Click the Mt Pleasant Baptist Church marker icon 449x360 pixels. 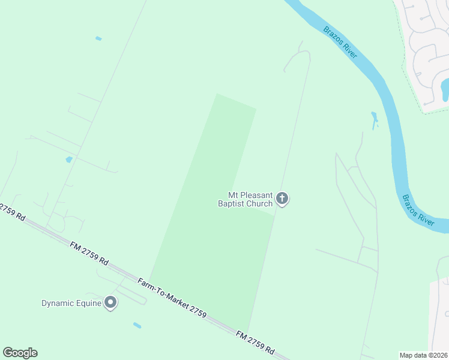282,199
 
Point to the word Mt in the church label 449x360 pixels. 233,196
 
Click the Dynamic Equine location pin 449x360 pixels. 110,303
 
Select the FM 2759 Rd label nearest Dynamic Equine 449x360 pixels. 89,254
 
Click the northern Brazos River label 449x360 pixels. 340,42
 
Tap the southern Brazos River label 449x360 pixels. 418,209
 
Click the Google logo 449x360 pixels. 20,353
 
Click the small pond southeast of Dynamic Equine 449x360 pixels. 137,325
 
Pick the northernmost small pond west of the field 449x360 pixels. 98,38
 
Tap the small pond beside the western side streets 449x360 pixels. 69,160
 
